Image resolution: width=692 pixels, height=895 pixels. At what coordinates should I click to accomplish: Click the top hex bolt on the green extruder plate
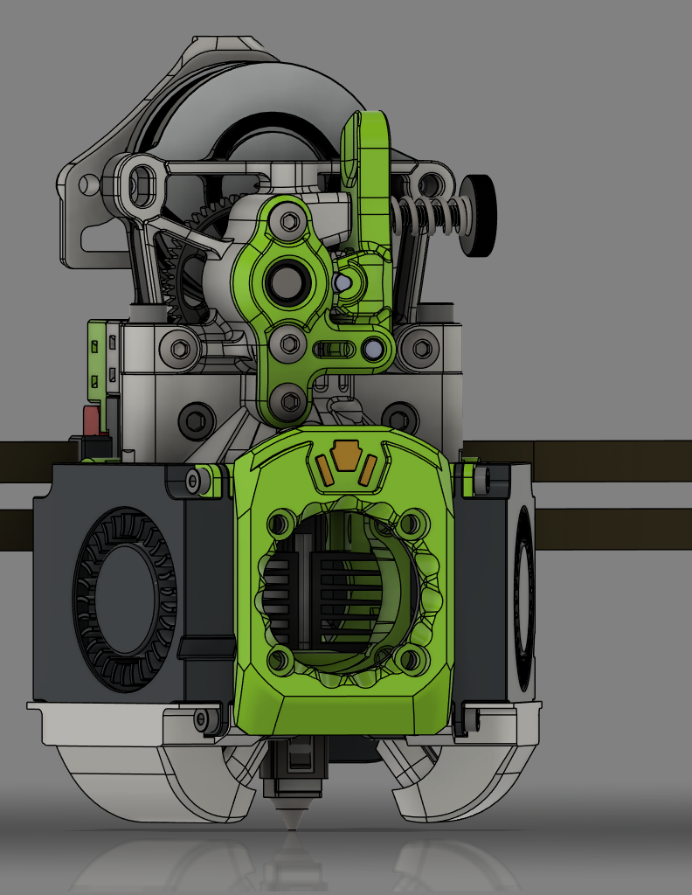coord(288,222)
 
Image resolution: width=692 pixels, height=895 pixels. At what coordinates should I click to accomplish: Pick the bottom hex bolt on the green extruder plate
coord(287,401)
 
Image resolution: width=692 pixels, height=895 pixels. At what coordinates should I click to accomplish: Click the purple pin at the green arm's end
coord(374,350)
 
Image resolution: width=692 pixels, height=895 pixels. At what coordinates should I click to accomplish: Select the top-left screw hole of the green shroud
coord(279,524)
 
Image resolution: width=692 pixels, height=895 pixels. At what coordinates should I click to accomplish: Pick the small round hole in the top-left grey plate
coord(87,184)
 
